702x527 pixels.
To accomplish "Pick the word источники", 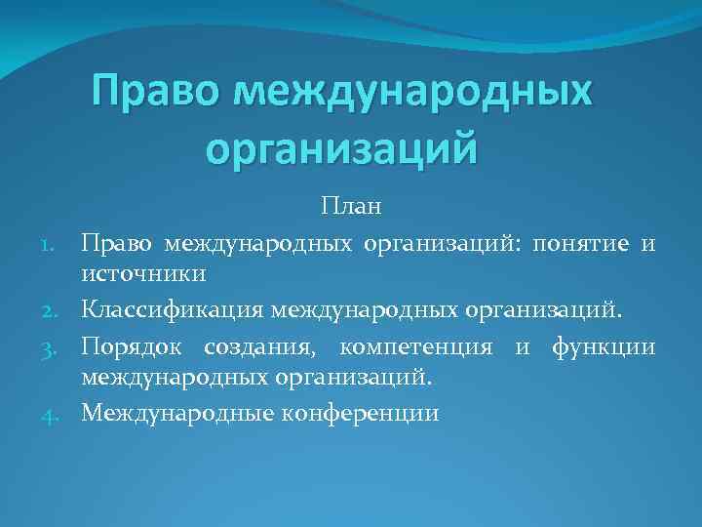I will pyautogui.click(x=143, y=276).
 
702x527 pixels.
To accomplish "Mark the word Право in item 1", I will pyautogui.click(x=116, y=241).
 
